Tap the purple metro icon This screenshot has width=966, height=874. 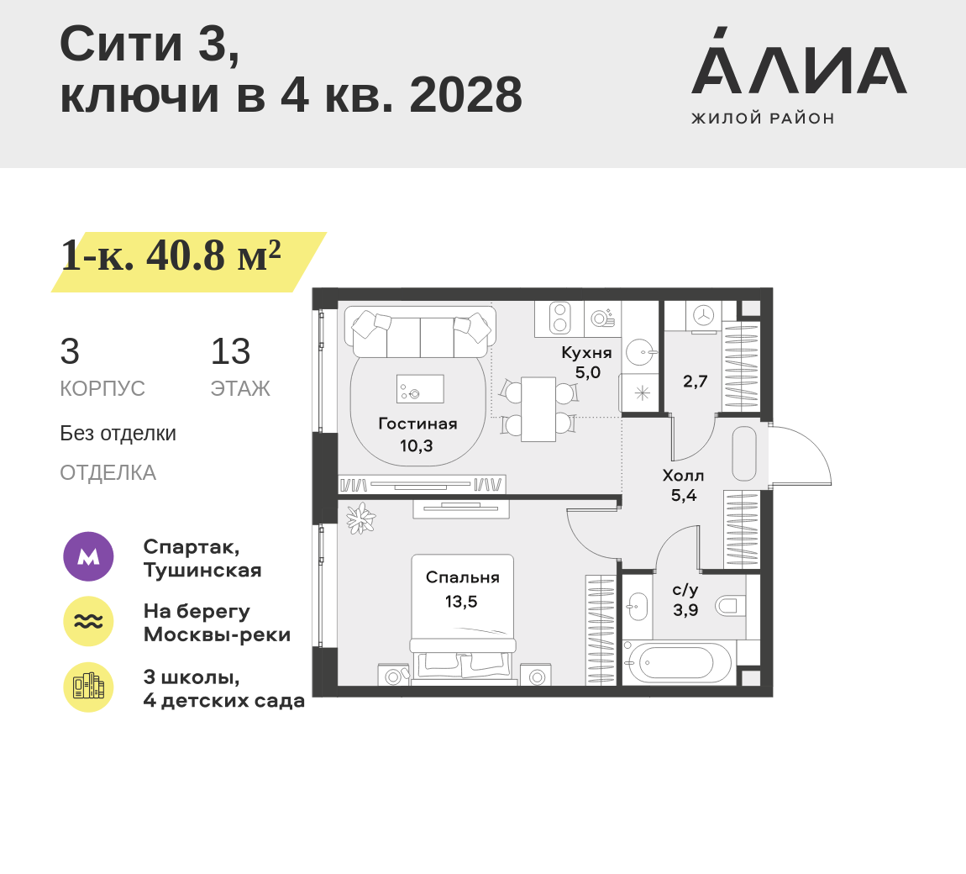(x=88, y=556)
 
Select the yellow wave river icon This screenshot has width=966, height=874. (x=88, y=622)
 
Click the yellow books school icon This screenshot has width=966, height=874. (x=88, y=687)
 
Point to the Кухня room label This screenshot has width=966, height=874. (x=586, y=353)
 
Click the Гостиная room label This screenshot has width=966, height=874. (x=417, y=424)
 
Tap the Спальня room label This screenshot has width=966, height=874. (x=462, y=577)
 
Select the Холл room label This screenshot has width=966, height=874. (x=683, y=476)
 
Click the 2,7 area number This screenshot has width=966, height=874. (x=695, y=382)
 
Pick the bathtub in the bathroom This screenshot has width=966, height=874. (x=679, y=663)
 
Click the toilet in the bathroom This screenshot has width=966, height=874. (x=730, y=604)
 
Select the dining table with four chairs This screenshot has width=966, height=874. (x=538, y=408)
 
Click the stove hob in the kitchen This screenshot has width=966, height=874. (x=559, y=319)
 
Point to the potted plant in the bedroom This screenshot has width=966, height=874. (x=360, y=518)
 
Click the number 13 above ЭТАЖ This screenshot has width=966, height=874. (x=230, y=352)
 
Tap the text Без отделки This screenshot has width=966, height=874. (x=118, y=434)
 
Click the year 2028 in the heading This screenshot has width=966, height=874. (x=465, y=95)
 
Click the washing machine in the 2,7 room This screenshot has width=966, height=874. (x=702, y=315)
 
